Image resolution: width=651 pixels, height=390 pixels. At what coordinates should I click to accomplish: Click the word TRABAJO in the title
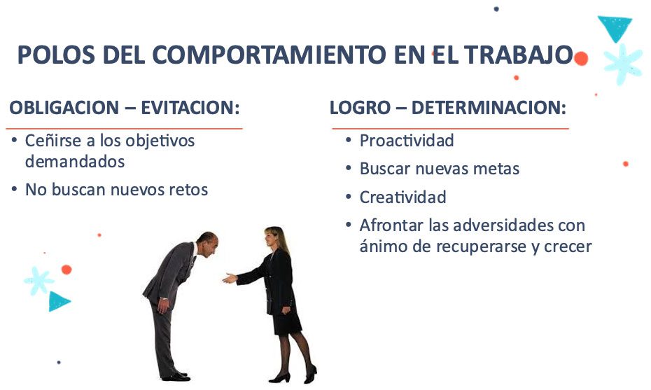pyautogui.click(x=519, y=55)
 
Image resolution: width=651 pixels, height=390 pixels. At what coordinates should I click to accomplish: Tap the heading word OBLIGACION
pyautogui.click(x=64, y=108)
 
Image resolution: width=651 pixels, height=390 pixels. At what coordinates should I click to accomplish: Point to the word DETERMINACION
pyautogui.click(x=489, y=108)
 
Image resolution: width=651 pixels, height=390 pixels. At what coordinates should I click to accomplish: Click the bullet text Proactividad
pyautogui.click(x=407, y=141)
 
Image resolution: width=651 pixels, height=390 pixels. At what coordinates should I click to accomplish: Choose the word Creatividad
pyautogui.click(x=402, y=197)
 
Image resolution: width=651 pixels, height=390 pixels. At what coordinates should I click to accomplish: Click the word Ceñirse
pyautogui.click(x=52, y=141)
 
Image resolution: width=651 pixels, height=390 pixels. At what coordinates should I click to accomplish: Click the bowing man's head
pyautogui.click(x=208, y=244)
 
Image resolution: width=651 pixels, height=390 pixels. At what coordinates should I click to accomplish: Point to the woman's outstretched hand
pyautogui.click(x=230, y=278)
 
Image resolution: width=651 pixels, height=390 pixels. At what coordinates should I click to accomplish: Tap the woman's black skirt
pyautogui.click(x=287, y=321)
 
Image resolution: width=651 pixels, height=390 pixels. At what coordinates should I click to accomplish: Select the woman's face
pyautogui.click(x=269, y=238)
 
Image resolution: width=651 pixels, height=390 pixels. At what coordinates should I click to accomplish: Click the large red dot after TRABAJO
pyautogui.click(x=581, y=59)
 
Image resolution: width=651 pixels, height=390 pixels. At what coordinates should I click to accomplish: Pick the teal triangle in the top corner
pyautogui.click(x=615, y=27)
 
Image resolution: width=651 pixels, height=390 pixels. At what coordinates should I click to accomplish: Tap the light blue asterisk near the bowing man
pyautogui.click(x=38, y=281)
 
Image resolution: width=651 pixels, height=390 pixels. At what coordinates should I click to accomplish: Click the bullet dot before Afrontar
pyautogui.click(x=349, y=225)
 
